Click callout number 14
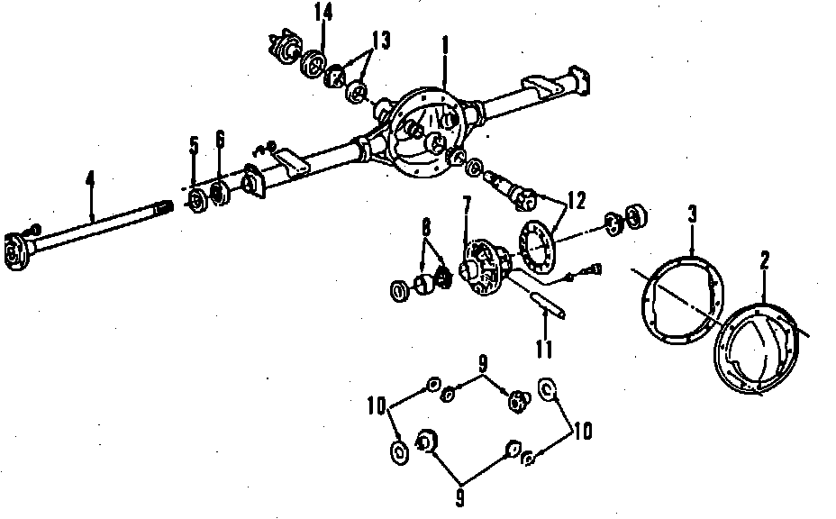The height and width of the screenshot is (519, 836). [x=323, y=13]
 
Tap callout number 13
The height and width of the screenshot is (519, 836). [x=381, y=41]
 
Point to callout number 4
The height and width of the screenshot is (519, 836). [x=91, y=178]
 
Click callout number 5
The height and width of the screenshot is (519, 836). [x=194, y=146]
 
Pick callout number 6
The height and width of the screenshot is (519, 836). [x=220, y=139]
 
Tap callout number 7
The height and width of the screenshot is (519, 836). [x=467, y=206]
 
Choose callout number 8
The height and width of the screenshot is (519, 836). [x=426, y=228]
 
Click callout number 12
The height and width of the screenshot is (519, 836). [x=577, y=201]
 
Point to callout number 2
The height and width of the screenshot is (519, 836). [x=765, y=260]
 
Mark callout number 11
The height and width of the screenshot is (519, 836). [x=544, y=349]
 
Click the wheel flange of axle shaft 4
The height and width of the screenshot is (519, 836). [x=15, y=251]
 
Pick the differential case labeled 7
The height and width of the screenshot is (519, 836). [x=484, y=268]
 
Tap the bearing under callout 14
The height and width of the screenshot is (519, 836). [x=314, y=64]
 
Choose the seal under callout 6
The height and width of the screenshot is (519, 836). [x=219, y=193]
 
